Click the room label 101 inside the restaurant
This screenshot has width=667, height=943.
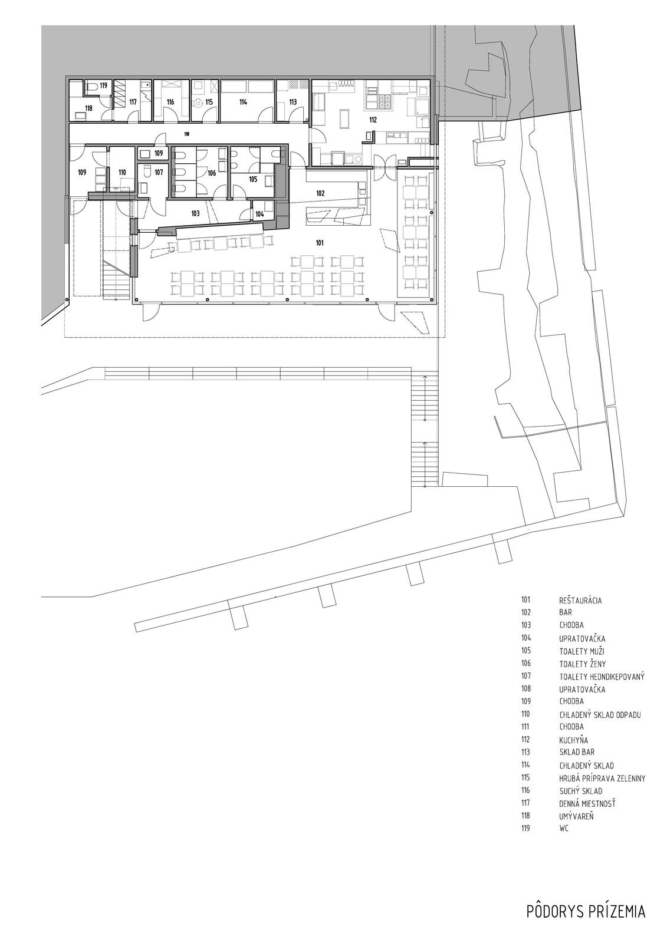(x=320, y=242)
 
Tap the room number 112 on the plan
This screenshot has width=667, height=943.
(x=373, y=120)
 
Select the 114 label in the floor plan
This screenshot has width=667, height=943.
(x=243, y=102)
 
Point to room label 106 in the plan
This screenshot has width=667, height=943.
(x=212, y=173)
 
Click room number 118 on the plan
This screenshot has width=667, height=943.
(x=88, y=108)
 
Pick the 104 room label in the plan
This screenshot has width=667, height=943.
(x=259, y=214)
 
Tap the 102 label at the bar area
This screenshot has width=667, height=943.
(x=320, y=193)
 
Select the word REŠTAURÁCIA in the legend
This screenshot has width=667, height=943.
(x=580, y=601)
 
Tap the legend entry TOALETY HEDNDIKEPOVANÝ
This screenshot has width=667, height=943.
(x=602, y=677)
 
